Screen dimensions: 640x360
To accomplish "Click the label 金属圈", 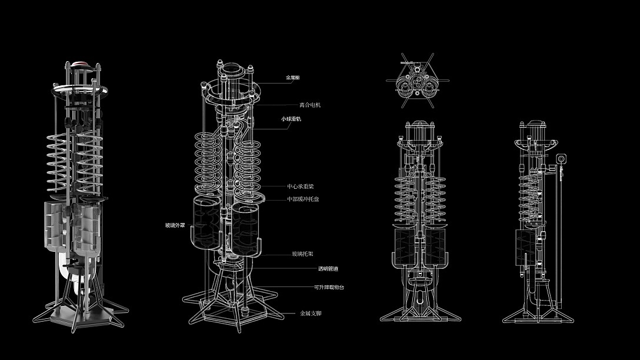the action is [x=292, y=77].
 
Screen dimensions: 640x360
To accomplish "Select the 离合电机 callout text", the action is [x=309, y=105].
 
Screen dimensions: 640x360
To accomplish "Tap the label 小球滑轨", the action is [x=291, y=119].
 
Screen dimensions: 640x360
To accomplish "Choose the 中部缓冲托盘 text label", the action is [x=303, y=199].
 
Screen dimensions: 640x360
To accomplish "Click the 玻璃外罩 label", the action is [x=175, y=225].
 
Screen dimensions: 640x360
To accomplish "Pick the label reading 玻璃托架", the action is [x=302, y=254].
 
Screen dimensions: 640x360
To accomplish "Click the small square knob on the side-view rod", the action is [x=561, y=158].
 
